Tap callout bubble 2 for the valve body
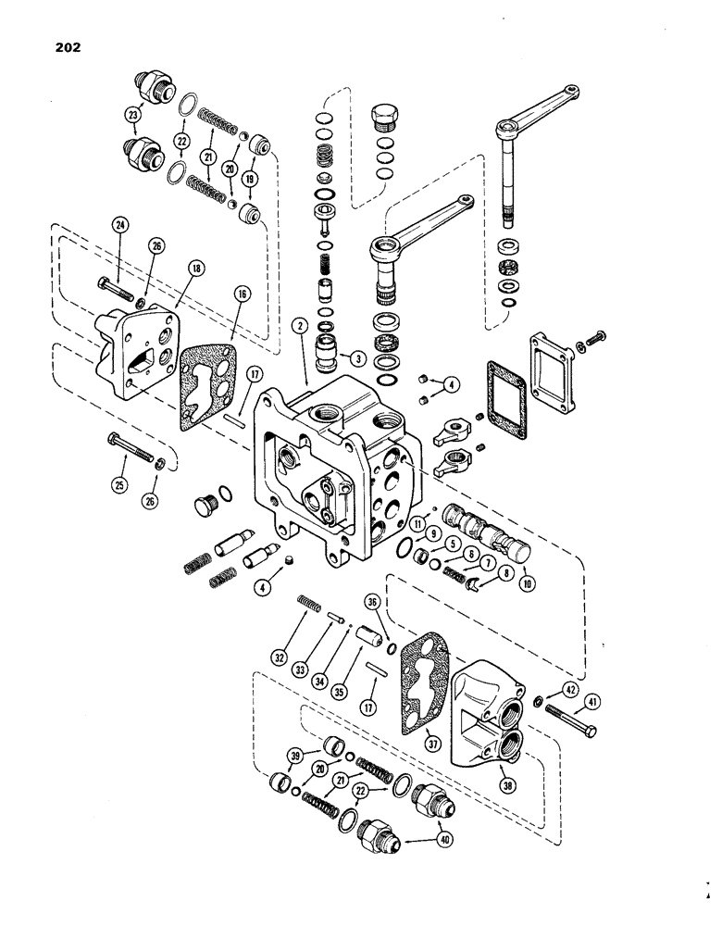[x=300, y=325]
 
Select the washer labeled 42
[x=540, y=697]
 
